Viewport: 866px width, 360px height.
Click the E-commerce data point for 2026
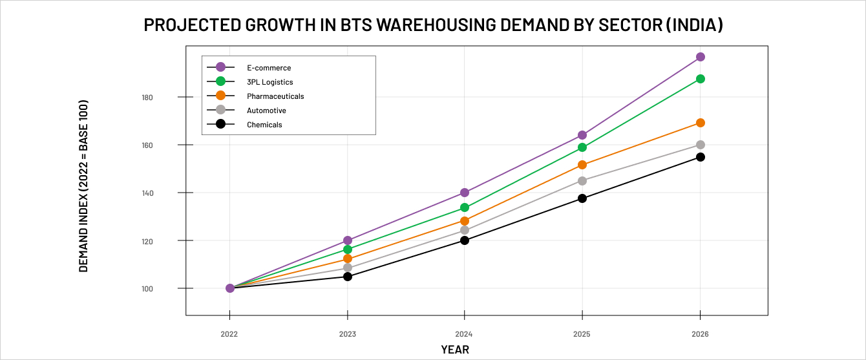tap(700, 57)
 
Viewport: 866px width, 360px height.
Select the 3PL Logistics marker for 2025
tap(582, 147)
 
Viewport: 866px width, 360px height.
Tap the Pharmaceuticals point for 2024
tap(465, 221)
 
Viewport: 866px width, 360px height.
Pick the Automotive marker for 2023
tap(348, 268)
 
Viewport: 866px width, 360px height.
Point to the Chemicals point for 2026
tap(700, 157)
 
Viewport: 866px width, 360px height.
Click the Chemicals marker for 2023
tap(348, 277)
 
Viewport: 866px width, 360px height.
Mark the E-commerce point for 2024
tap(465, 193)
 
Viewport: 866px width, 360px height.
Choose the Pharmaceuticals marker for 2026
tap(700, 123)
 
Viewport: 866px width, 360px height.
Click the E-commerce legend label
tap(269, 68)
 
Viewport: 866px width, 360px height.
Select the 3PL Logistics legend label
tap(269, 82)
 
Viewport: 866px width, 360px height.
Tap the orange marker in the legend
tap(220, 96)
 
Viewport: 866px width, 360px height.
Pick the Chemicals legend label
tap(264, 125)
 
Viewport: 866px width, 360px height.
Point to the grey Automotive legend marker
tap(220, 110)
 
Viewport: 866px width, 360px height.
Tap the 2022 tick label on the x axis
tap(229, 334)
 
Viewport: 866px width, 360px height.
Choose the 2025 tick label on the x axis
tap(582, 334)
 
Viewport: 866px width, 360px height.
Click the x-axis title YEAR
tap(455, 350)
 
